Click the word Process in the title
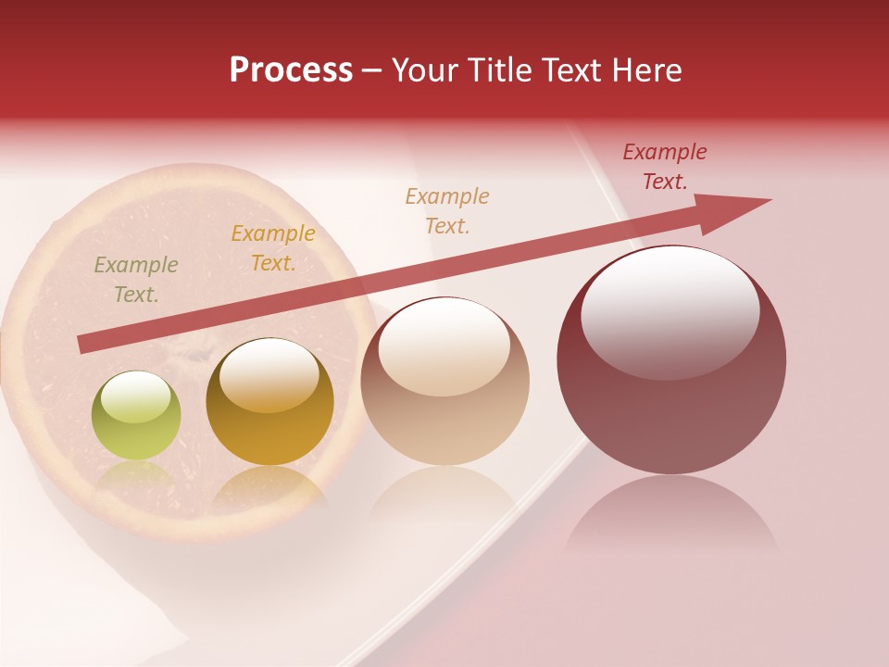(x=291, y=70)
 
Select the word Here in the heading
(x=647, y=70)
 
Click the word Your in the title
(x=424, y=70)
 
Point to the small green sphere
(x=136, y=417)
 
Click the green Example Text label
(x=136, y=280)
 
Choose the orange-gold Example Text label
(x=273, y=248)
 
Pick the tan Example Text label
(x=447, y=210)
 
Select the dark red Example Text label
(x=665, y=167)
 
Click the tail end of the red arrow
(x=83, y=345)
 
